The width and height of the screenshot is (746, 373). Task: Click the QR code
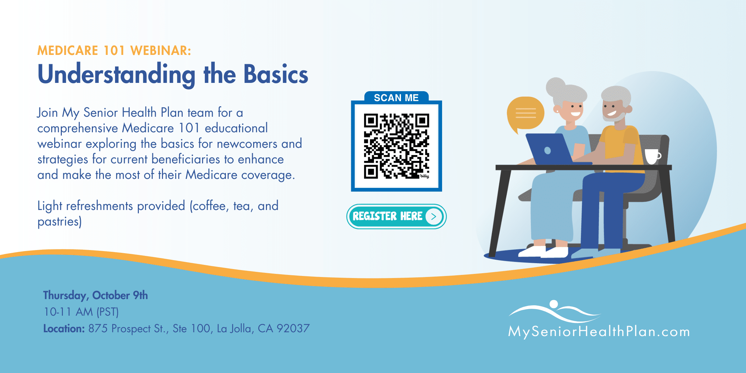click(396, 146)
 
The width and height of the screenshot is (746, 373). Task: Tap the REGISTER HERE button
click(396, 217)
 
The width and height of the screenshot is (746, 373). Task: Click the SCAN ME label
click(396, 98)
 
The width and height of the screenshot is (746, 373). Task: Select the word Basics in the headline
click(276, 74)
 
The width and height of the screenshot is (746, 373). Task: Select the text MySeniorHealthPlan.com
click(599, 332)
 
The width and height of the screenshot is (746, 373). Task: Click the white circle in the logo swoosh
click(554, 304)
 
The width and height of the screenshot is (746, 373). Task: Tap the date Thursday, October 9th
click(95, 296)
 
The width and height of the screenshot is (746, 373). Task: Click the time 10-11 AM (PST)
click(81, 312)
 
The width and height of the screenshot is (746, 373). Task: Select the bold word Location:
click(64, 328)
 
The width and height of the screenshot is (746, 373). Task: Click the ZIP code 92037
click(293, 328)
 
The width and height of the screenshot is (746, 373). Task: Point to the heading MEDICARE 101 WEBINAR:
click(114, 51)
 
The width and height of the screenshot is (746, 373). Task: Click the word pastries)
click(59, 222)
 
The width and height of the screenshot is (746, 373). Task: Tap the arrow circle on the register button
click(434, 217)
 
